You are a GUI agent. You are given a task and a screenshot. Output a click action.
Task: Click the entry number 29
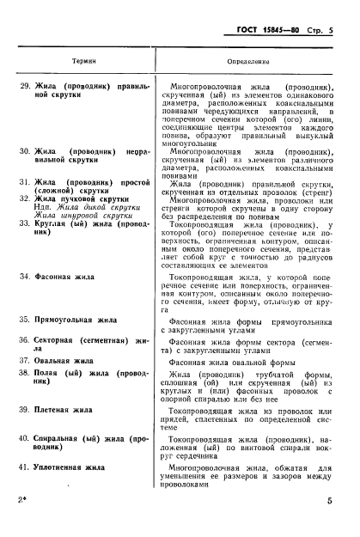pos(25,86)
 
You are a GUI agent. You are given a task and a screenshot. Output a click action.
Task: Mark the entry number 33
pos(25,223)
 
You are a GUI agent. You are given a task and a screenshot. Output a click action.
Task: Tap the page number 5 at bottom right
pos(340,523)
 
